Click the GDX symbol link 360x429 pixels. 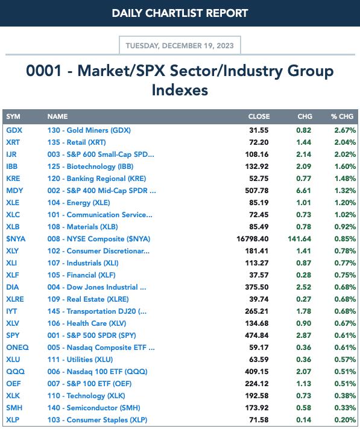[x=14, y=130]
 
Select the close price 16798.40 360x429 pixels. [x=253, y=239]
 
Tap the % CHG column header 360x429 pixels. [x=342, y=116]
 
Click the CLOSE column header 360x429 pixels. [x=259, y=116]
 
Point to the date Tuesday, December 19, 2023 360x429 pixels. [x=180, y=45]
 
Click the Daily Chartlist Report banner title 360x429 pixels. [x=180, y=13]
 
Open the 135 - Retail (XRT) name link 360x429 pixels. [x=77, y=142]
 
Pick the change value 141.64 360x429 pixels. [x=299, y=239]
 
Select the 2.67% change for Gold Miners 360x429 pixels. [x=345, y=130]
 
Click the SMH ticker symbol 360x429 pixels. [x=14, y=408]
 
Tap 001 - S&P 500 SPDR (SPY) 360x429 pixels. [x=92, y=335]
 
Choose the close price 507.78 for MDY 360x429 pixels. [x=257, y=191]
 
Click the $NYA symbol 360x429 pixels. [x=16, y=239]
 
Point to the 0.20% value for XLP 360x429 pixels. [x=345, y=420]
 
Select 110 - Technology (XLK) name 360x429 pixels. [x=86, y=396]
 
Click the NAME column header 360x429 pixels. [x=57, y=116]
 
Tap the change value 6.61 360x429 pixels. [x=303, y=191]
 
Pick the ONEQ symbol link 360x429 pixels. [x=17, y=348]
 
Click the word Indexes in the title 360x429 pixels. [x=180, y=90]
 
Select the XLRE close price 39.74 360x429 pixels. [x=259, y=299]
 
